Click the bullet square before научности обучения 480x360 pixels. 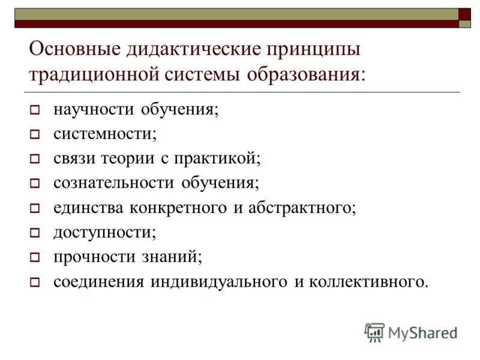point(34,111)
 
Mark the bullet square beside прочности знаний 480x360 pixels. point(34,257)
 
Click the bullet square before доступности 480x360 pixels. point(34,233)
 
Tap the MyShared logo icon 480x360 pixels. point(374,332)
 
